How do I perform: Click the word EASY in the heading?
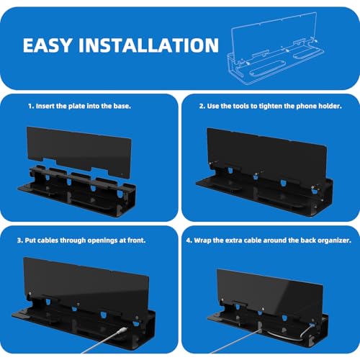click(x=48, y=45)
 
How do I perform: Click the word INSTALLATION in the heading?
click(x=149, y=45)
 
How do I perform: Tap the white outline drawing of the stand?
click(x=276, y=49)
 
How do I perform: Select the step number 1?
click(x=31, y=106)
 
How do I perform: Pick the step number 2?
click(x=202, y=106)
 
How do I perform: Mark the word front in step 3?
click(x=136, y=240)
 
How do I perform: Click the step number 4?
click(x=189, y=240)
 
